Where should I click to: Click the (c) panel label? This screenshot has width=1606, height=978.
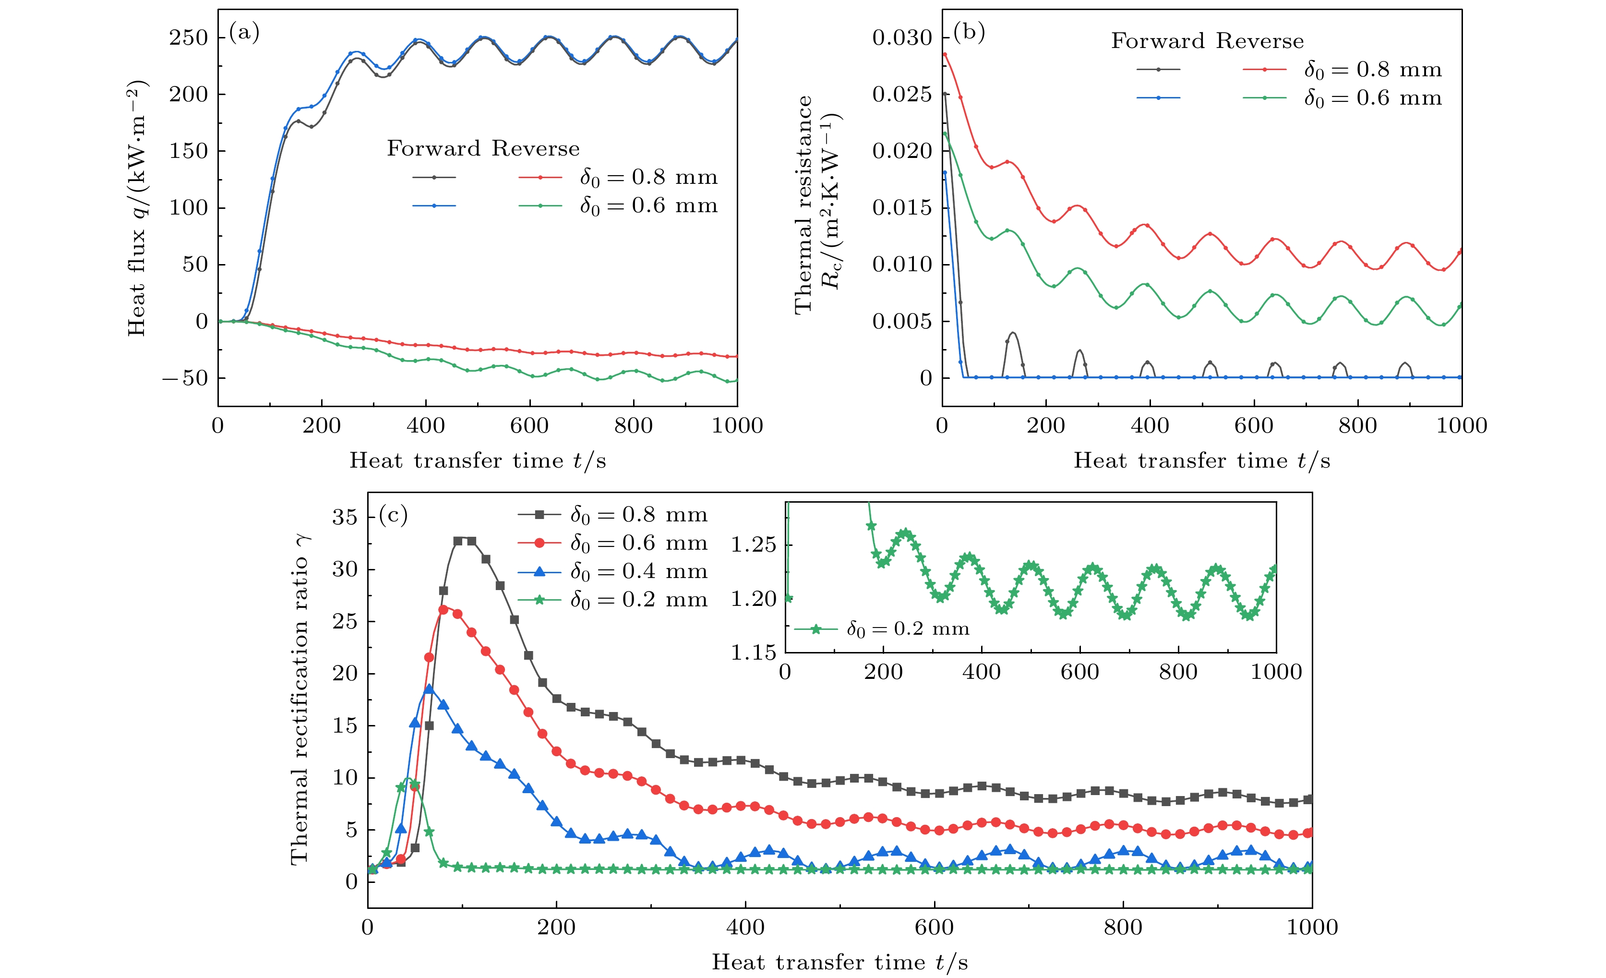tap(393, 515)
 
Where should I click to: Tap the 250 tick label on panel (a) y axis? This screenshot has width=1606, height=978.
tap(188, 38)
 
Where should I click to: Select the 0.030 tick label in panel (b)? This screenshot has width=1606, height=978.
tap(902, 38)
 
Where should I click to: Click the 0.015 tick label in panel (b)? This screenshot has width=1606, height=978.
tap(902, 208)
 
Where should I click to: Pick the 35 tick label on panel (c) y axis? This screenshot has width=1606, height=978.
tap(345, 517)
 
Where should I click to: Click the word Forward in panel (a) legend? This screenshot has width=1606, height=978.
tap(433, 149)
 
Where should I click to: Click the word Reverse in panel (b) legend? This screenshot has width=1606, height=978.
tap(1259, 41)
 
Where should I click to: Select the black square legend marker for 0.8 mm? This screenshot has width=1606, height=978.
tap(539, 514)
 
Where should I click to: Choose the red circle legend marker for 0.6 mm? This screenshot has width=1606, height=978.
tap(539, 543)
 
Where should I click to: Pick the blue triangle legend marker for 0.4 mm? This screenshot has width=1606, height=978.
tap(539, 571)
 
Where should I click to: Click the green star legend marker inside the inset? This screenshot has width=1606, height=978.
tap(815, 629)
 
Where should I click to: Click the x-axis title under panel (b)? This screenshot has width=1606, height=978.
tap(1201, 461)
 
